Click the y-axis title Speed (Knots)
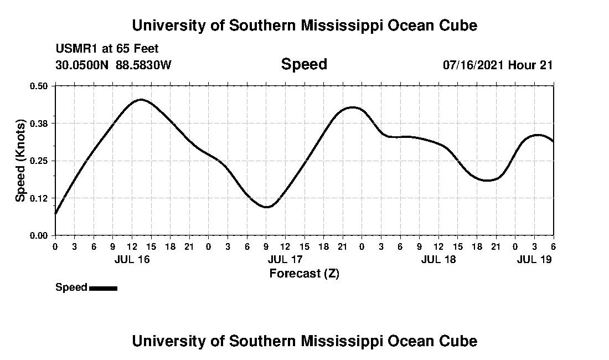tap(20, 160)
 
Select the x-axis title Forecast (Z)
tap(304, 273)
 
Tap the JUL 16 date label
tap(132, 259)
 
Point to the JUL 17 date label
tap(285, 259)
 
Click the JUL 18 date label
tap(438, 259)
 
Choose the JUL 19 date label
tap(534, 259)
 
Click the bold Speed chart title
tap(304, 64)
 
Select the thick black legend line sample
tap(103, 288)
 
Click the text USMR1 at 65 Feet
tap(107, 49)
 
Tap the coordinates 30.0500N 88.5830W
tap(113, 65)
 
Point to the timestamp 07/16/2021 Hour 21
tap(498, 65)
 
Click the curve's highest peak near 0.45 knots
tap(141, 100)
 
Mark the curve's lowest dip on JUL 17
tap(267, 207)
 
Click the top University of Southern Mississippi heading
tap(304, 25)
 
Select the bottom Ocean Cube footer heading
tap(304, 341)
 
